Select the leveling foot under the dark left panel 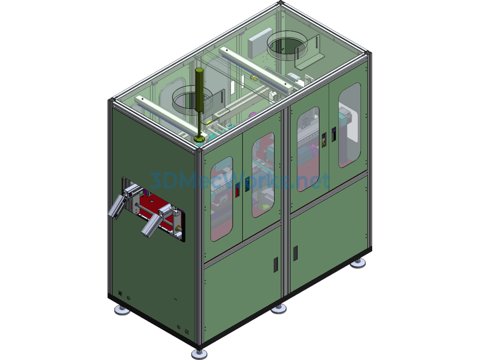(x=122, y=310)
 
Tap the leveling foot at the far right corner (x=358, y=263)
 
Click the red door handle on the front (x=237, y=190)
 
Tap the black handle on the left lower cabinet (x=276, y=265)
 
